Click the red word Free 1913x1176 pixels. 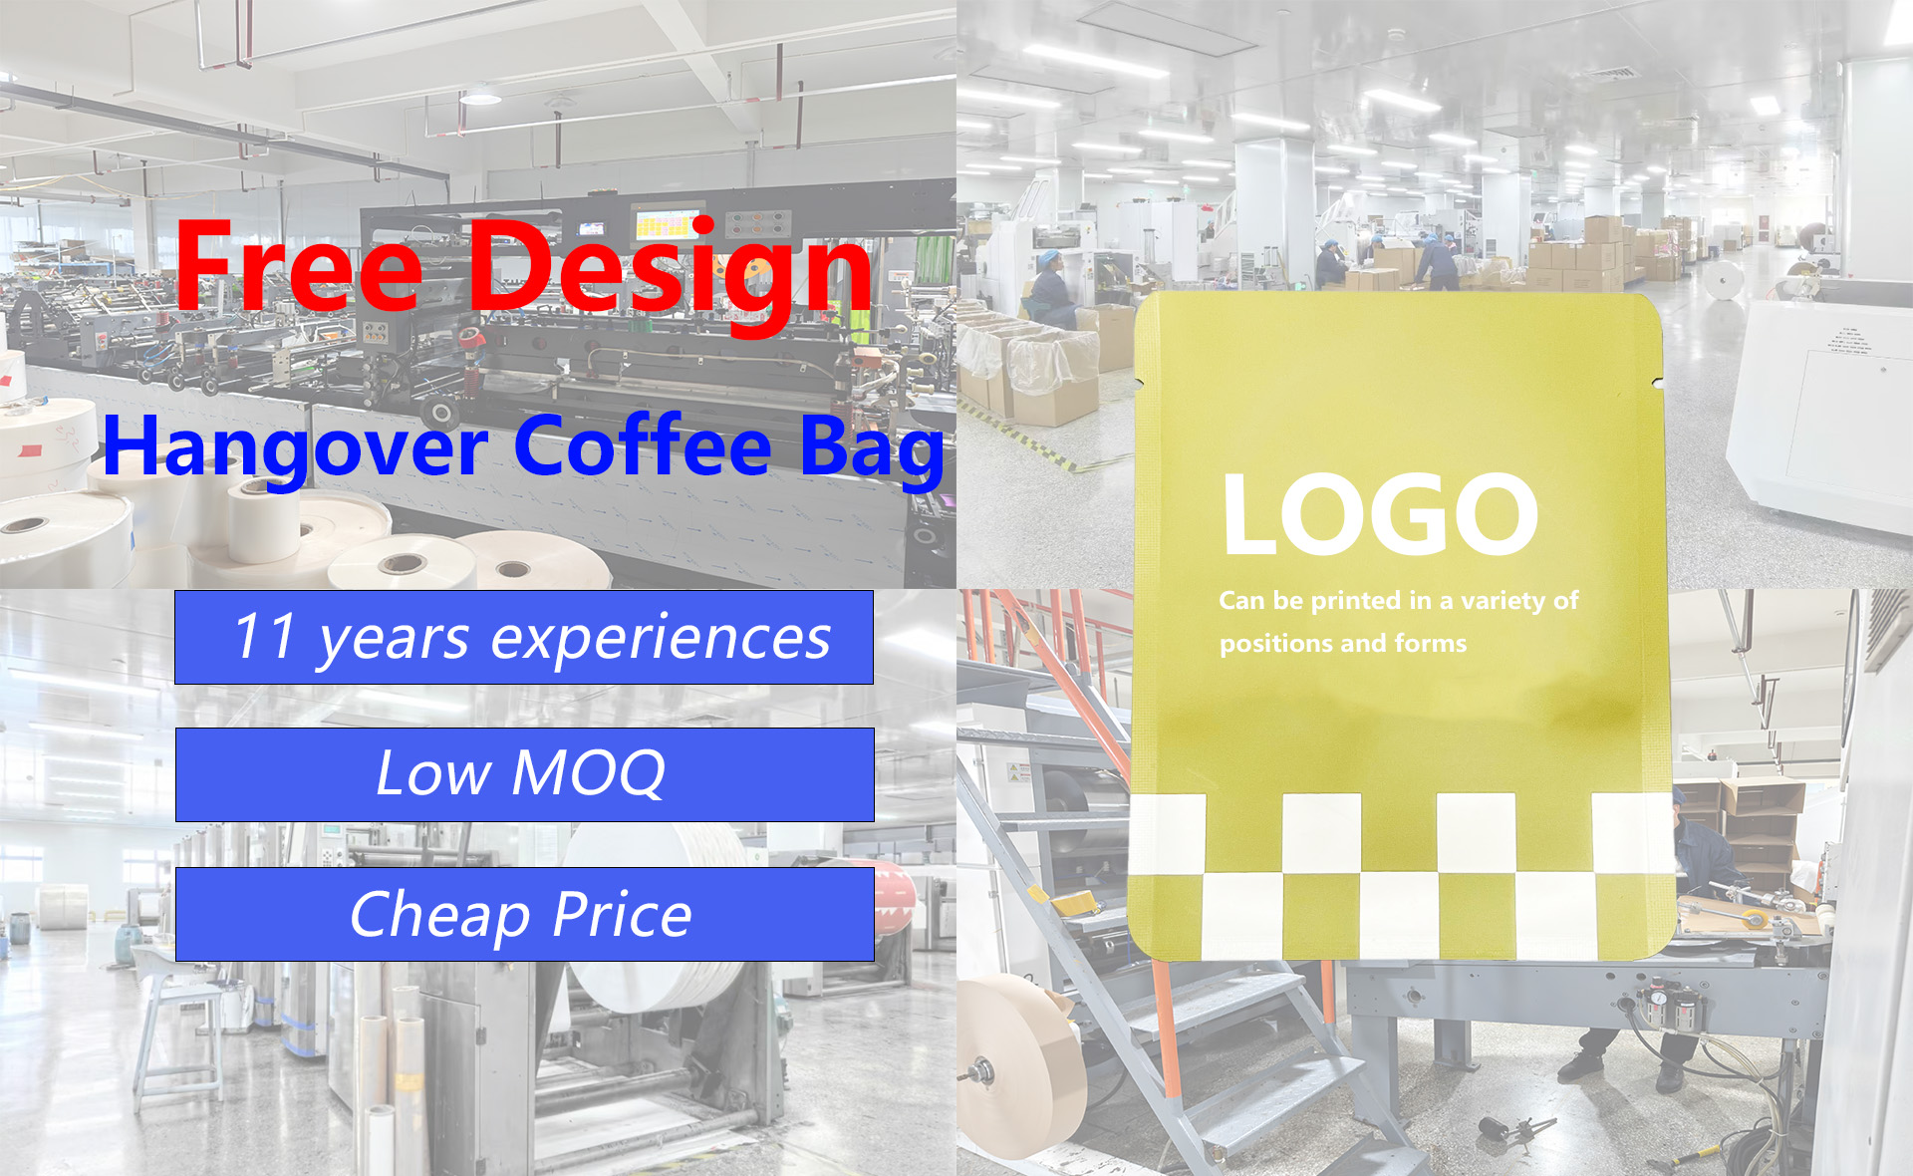pyautogui.click(x=299, y=265)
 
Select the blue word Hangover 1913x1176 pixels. pyautogui.click(x=296, y=449)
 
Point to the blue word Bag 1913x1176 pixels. pyautogui.click(x=872, y=450)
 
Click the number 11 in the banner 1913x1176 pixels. pyautogui.click(x=265, y=636)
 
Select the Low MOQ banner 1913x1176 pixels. pyautogui.click(x=525, y=774)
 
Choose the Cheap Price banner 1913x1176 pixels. pyautogui.click(x=525, y=914)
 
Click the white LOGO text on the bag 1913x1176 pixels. pyautogui.click(x=1381, y=514)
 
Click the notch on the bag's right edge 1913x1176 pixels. pyautogui.click(x=1656, y=381)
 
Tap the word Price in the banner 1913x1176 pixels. pyautogui.click(x=622, y=915)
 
